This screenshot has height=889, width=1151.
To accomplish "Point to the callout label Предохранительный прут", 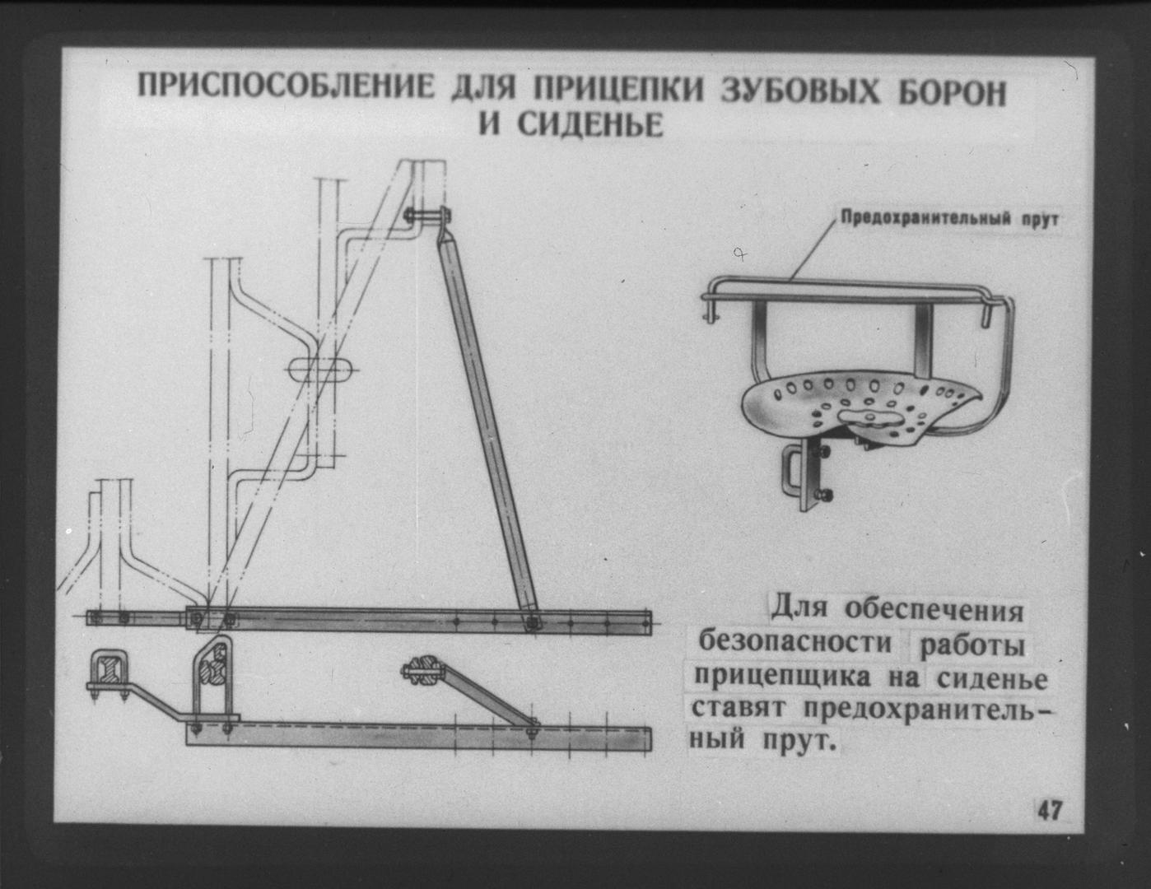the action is pos(949,219).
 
